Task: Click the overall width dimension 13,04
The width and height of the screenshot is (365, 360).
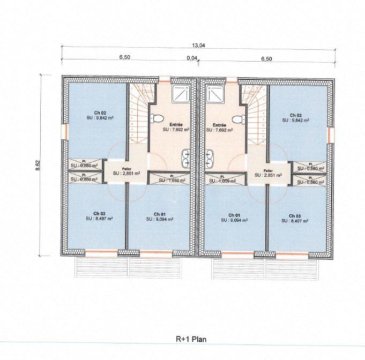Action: point(198,46)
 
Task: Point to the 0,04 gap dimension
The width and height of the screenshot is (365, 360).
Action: point(191,58)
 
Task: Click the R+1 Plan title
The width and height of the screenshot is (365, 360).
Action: point(191,339)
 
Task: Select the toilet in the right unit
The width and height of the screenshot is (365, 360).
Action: point(239,118)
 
